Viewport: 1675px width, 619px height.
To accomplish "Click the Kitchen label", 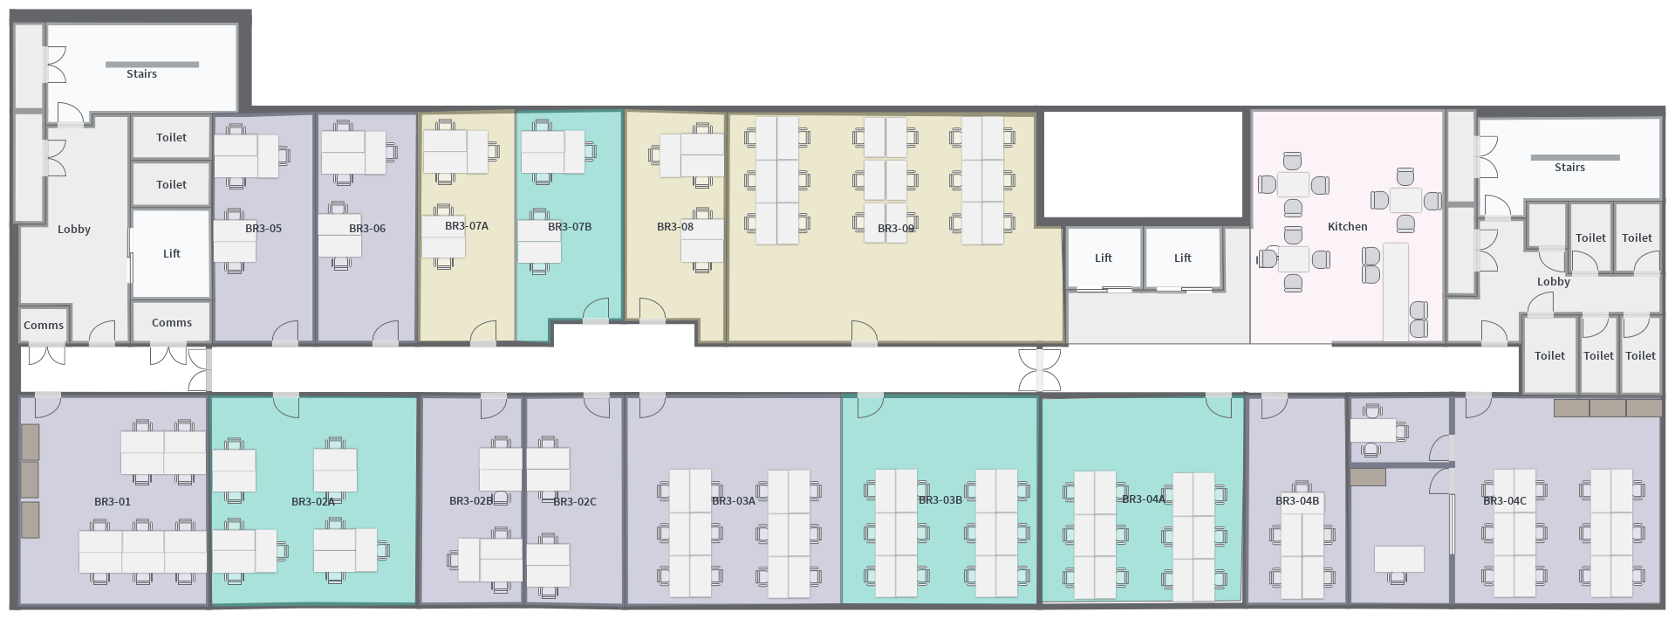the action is (x=1347, y=226).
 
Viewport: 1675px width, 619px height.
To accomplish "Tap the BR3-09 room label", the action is (x=896, y=229).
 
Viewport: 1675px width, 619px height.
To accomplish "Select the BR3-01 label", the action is (x=113, y=502).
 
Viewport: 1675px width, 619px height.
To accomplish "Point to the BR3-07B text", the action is (x=570, y=227).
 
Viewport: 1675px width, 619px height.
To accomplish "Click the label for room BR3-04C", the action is (x=1505, y=501).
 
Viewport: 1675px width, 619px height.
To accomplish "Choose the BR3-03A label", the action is (x=734, y=501).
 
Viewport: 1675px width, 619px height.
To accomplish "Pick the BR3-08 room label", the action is (x=675, y=227).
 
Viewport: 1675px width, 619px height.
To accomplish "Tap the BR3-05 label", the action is (x=263, y=229).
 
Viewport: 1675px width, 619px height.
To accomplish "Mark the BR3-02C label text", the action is (x=575, y=502).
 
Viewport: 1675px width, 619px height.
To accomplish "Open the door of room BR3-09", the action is (x=865, y=334).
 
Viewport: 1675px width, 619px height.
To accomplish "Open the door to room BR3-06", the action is (x=386, y=334).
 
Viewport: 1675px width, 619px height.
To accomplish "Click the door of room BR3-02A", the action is (x=286, y=405).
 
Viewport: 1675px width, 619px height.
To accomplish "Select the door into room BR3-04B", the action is (x=1274, y=403).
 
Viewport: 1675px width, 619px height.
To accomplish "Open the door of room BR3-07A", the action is (x=483, y=334).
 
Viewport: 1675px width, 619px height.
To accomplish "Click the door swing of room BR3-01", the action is (x=47, y=405).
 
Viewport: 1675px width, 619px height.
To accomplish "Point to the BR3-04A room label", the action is (x=1144, y=499).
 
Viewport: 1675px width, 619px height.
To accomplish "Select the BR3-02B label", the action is (x=471, y=501).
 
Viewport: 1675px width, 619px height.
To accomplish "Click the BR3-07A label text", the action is (x=467, y=226).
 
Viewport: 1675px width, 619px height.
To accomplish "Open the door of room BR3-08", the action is (x=652, y=311).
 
